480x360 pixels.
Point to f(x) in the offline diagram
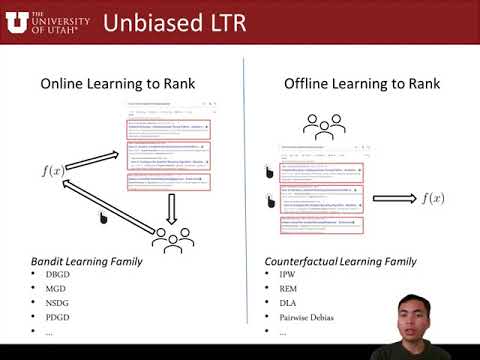pos(431,198)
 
